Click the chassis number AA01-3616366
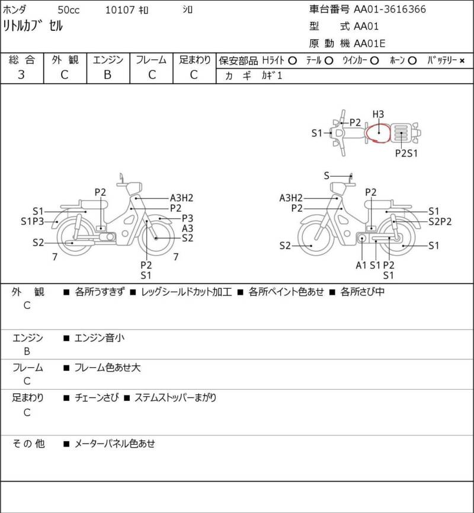390,9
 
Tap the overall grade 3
21,75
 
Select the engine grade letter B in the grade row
108,75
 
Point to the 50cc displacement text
69,10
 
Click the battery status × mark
462,60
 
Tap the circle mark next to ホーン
412,60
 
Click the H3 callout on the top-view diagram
378,114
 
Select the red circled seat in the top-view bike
378,133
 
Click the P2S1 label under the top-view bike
406,153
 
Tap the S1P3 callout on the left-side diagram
33,221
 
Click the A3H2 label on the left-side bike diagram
181,198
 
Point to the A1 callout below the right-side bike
361,265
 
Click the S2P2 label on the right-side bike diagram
440,221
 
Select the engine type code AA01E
370,43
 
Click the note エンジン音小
100,337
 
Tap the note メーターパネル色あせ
115,444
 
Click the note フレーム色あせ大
108,368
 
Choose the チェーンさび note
97,397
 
